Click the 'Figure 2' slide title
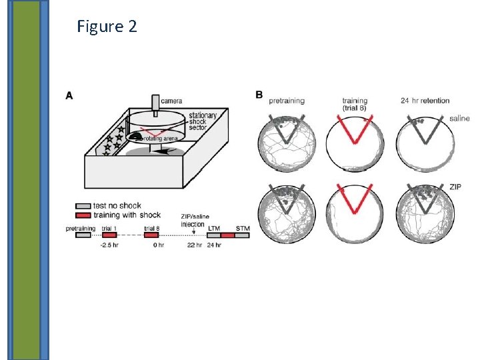pos(107,27)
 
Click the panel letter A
pos(69,95)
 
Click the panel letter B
pos(259,95)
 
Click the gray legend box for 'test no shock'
pos(83,206)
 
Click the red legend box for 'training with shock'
pos(83,215)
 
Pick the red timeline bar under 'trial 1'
pos(109,235)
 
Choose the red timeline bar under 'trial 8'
pos(151,235)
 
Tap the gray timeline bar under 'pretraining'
pos(83,235)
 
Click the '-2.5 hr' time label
pos(109,245)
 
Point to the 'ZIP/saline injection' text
pos(193,220)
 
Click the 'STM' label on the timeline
pos(243,228)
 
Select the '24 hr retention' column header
pos(425,101)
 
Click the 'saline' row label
pos(459,119)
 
